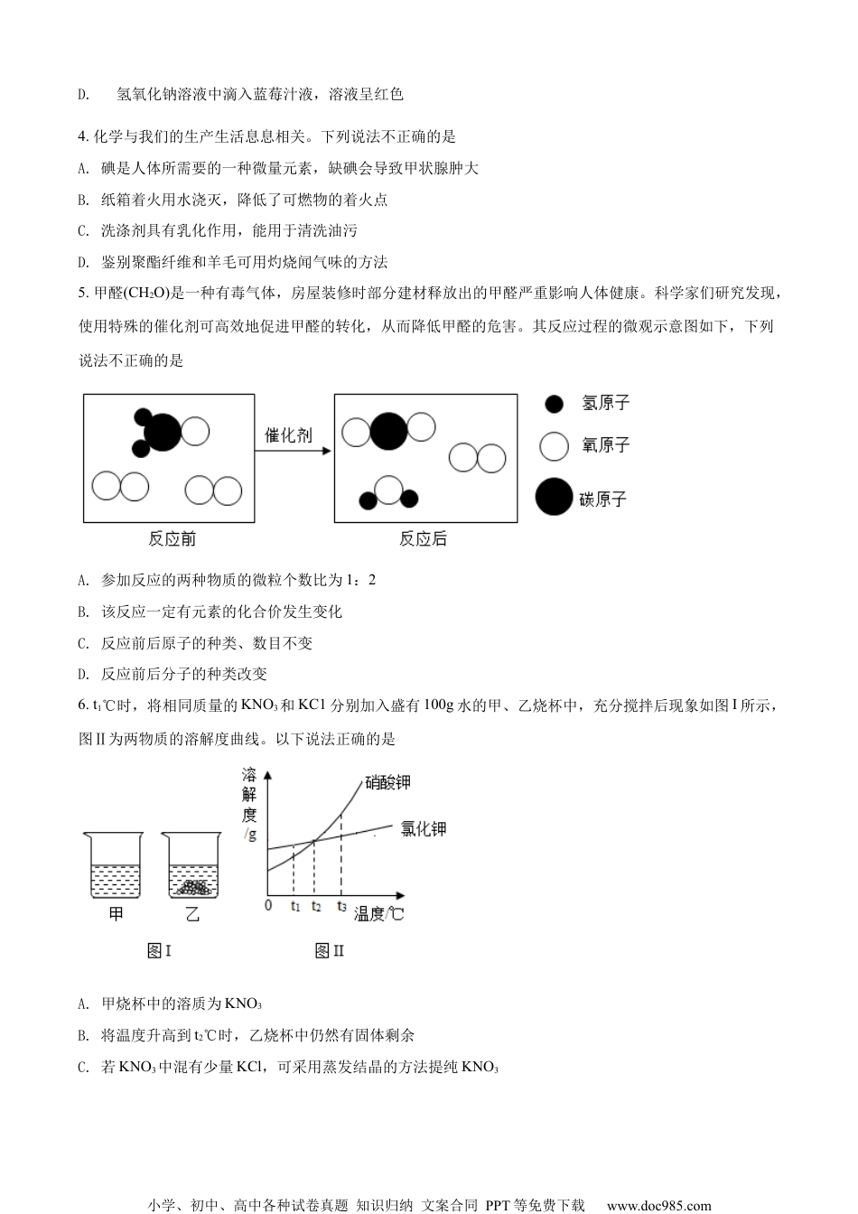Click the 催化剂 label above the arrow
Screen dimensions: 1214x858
point(288,435)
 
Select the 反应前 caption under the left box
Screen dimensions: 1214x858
point(172,540)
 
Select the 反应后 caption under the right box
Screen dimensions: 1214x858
point(423,540)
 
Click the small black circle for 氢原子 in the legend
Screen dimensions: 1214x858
point(555,404)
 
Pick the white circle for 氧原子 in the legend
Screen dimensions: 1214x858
point(555,445)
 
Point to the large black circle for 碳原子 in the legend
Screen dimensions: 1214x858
point(554,497)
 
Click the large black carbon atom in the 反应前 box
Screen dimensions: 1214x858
point(163,432)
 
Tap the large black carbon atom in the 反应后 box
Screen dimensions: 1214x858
point(388,431)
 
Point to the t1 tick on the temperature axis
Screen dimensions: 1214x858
point(294,905)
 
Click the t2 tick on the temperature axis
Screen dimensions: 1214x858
point(314,905)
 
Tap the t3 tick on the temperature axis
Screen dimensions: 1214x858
point(341,905)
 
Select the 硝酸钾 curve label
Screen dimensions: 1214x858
point(394,782)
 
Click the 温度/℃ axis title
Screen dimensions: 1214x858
point(378,913)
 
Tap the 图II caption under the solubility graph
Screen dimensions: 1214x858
point(329,950)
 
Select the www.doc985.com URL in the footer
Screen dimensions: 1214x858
point(658,1205)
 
